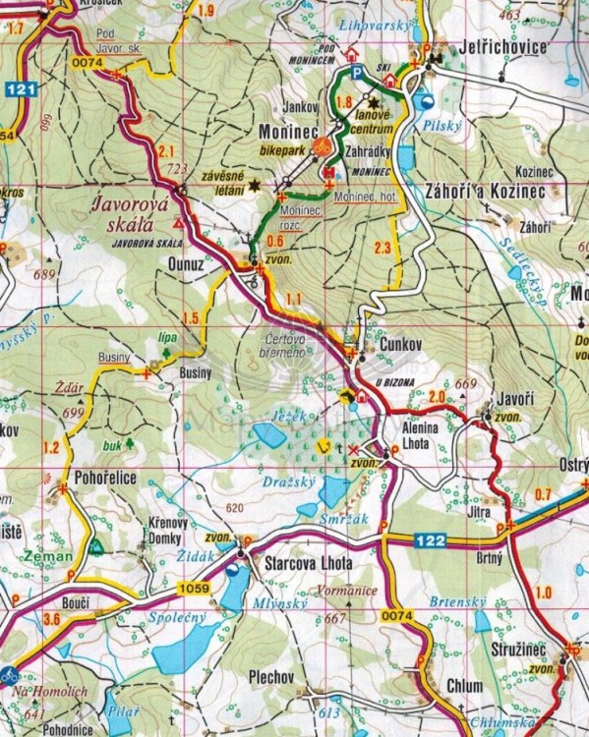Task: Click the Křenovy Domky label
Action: coord(169,532)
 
